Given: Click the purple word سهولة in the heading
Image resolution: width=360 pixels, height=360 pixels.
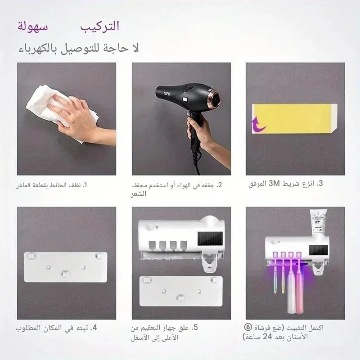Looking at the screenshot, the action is (x=33, y=26).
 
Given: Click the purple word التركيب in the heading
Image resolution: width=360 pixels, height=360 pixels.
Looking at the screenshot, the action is (x=99, y=26).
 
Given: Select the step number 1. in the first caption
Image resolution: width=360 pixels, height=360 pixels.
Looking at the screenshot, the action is (x=85, y=185).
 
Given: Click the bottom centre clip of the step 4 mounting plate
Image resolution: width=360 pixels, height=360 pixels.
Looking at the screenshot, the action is (x=65, y=274).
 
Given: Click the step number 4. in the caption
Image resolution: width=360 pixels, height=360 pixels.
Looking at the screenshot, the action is (x=94, y=328).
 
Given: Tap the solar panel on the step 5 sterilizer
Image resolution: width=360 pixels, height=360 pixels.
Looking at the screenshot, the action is (x=210, y=238).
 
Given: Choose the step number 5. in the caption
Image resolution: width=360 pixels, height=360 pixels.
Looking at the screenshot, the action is (x=194, y=328).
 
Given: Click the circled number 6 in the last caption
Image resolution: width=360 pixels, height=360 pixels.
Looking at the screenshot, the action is (x=248, y=327).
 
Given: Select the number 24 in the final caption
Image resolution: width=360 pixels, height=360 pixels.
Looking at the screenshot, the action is (x=267, y=337).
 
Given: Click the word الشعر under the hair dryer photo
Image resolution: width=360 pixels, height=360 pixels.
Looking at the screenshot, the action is (x=139, y=194).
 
